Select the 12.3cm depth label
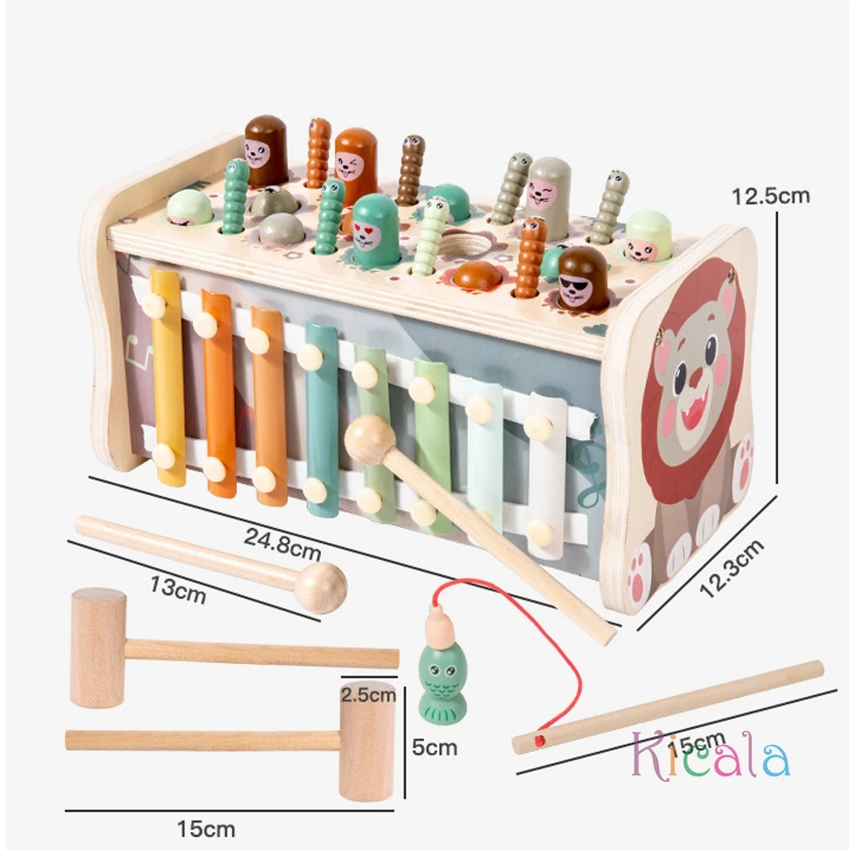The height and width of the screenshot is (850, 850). coord(730,568)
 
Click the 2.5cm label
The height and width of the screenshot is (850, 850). coord(368,696)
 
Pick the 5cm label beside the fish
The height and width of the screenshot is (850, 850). coord(434,747)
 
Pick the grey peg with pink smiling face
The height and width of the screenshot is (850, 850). coord(547,196)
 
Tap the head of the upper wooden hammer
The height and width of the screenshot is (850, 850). coord(98,648)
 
